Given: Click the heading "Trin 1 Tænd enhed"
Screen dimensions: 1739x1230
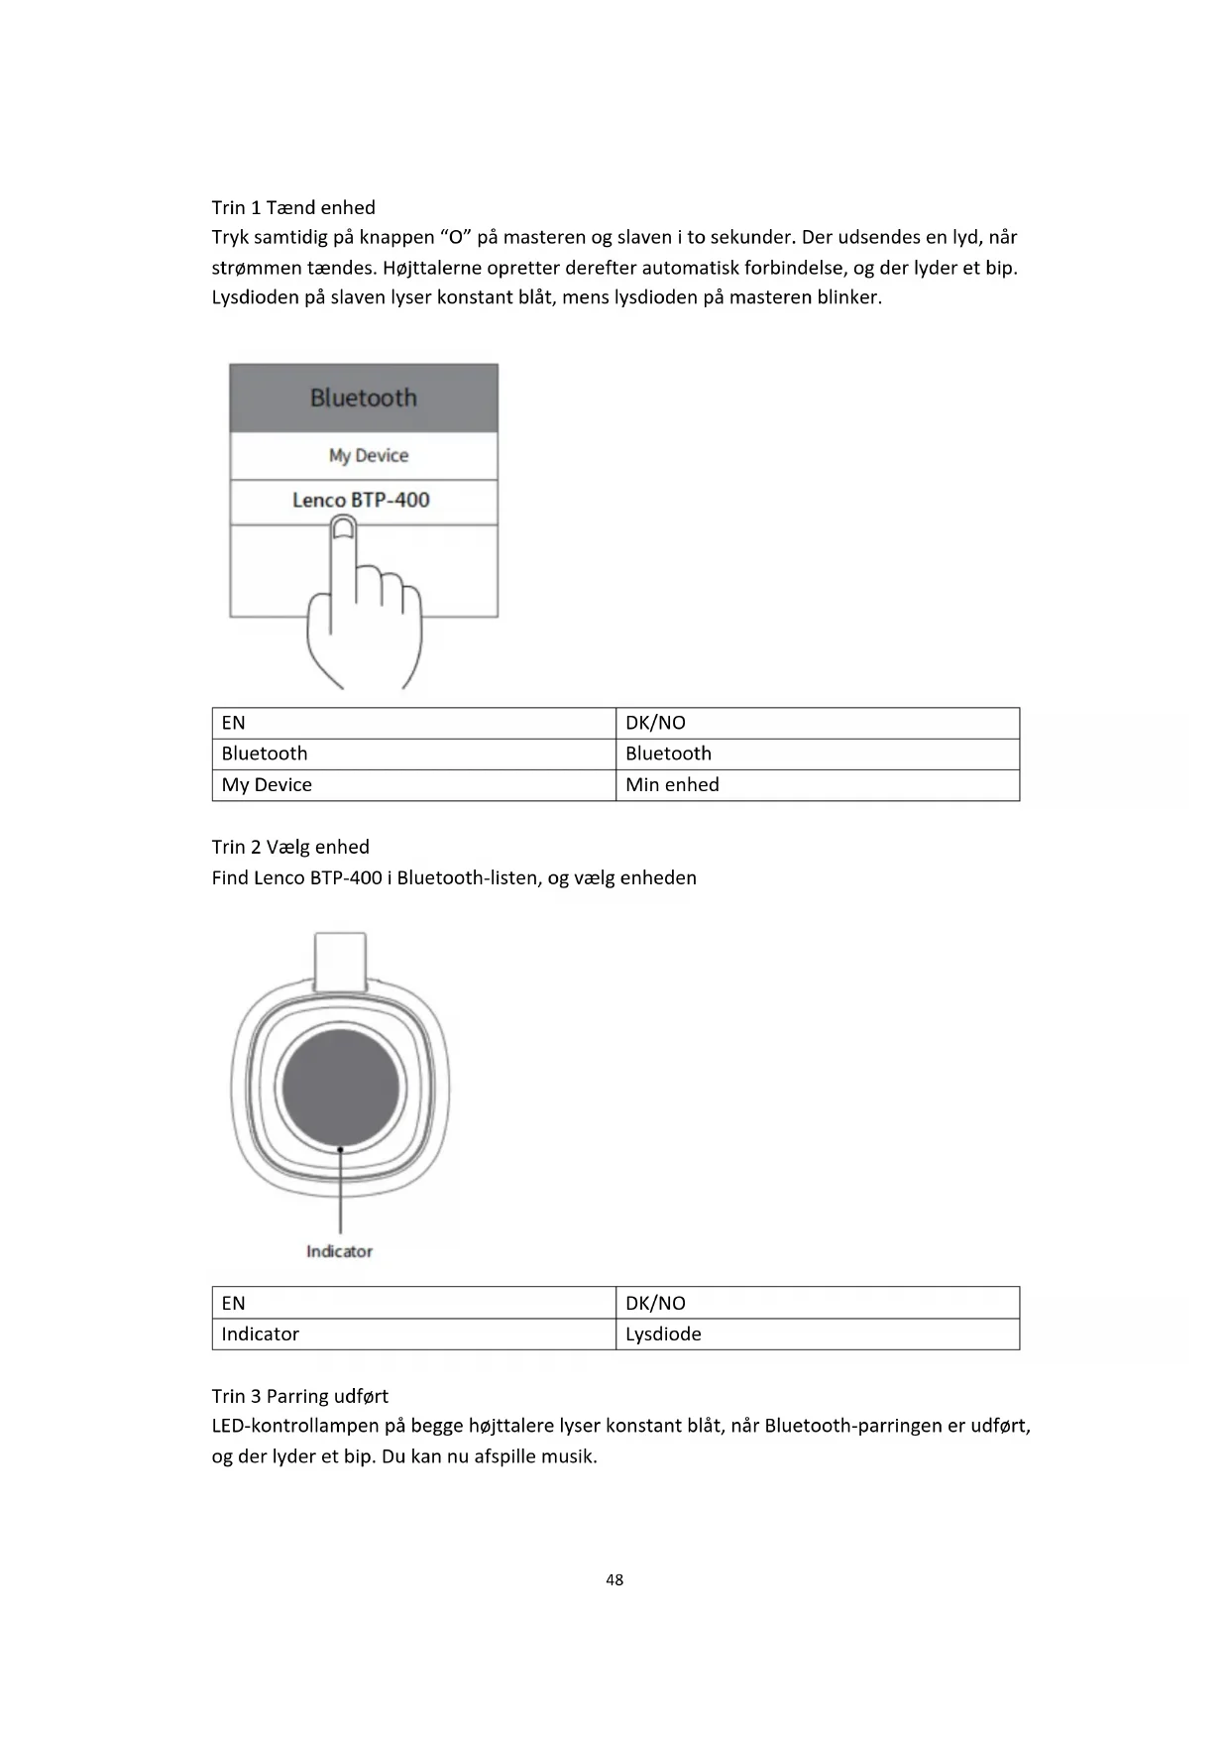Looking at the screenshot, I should [293, 207].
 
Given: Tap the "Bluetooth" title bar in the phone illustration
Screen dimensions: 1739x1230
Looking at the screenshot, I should [364, 398].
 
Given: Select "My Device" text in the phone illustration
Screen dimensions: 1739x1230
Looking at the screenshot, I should [368, 455].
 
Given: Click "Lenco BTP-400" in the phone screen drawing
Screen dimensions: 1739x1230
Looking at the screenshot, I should [361, 500].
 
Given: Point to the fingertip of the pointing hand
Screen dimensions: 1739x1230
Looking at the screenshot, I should [342, 527].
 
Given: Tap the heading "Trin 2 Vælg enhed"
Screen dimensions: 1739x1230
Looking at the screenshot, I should [290, 847].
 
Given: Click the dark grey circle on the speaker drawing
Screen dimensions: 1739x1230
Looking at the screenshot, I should [340, 1088].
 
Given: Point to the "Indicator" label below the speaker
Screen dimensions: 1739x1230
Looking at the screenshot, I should [339, 1251].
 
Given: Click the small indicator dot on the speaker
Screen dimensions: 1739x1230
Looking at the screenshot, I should [340, 1149].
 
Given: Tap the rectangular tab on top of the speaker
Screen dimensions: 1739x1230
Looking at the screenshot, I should [340, 958].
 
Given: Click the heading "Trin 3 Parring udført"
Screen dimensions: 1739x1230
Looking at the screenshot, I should [299, 1396].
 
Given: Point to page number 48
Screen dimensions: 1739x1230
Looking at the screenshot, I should [615, 1579].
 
